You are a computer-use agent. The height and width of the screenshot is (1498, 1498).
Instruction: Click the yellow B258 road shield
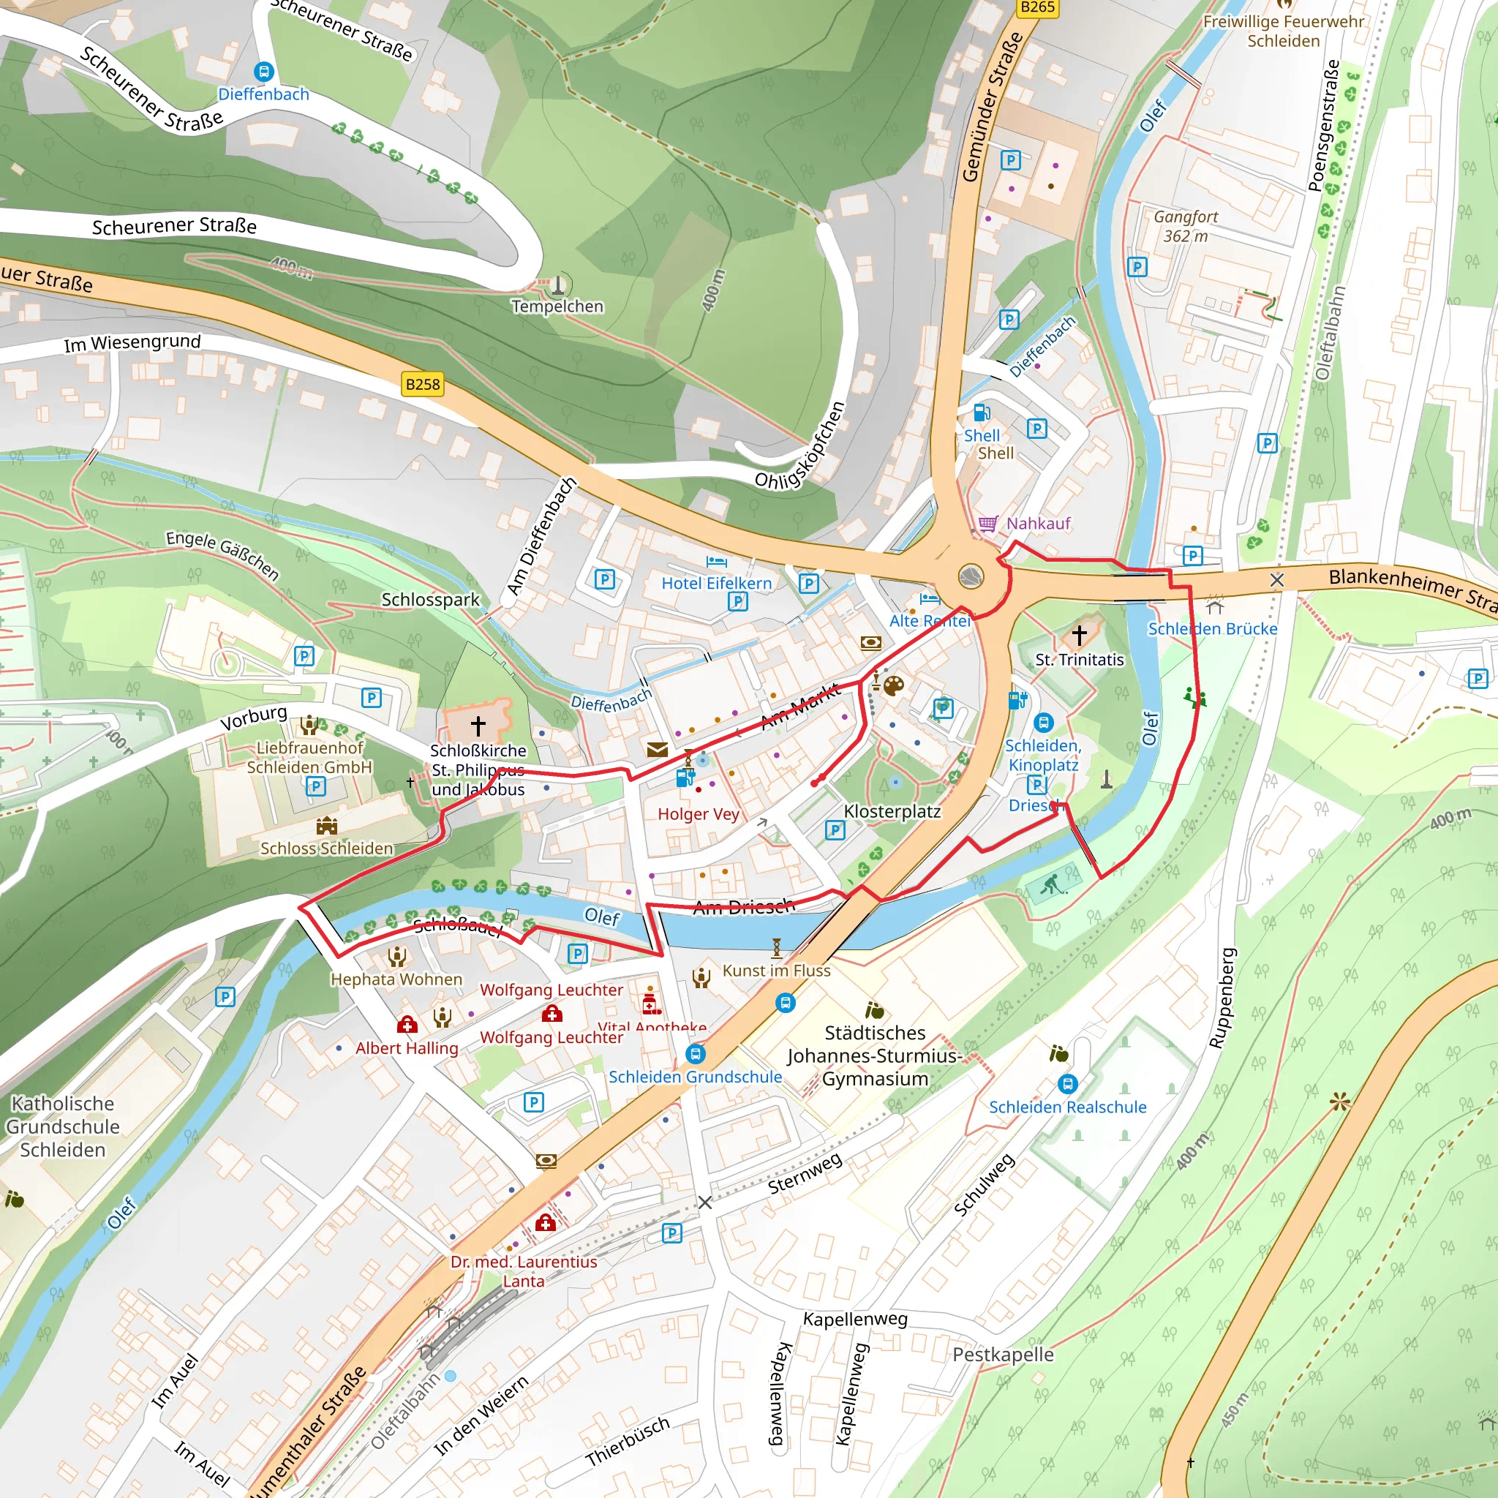click(x=423, y=384)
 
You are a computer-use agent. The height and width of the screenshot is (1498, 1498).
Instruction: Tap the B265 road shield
click(x=1036, y=7)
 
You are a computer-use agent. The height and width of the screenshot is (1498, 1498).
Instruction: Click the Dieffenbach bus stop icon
click(x=263, y=72)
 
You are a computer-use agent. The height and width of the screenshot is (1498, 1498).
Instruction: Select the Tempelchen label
click(x=557, y=306)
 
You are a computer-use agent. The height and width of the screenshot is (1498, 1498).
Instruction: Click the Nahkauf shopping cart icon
click(x=987, y=524)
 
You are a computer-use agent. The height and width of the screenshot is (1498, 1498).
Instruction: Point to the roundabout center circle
click(x=971, y=577)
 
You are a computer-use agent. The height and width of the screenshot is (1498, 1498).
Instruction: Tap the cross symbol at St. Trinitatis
click(x=1080, y=635)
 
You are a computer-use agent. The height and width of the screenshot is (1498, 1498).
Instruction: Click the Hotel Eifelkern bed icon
click(x=716, y=561)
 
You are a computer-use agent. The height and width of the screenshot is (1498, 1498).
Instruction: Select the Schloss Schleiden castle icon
click(x=326, y=825)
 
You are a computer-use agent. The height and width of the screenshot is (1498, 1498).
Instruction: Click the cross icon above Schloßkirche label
click(x=478, y=726)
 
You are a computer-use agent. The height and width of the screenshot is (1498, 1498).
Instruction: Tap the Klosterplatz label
click(x=892, y=811)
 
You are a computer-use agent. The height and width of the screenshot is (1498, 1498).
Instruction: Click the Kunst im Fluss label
click(x=776, y=970)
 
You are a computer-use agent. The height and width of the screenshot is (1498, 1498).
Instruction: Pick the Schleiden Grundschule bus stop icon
click(x=696, y=1054)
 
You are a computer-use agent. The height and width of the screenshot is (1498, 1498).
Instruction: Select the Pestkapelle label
click(x=1003, y=1355)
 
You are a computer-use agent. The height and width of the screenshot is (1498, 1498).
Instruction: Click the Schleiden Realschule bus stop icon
click(x=1068, y=1084)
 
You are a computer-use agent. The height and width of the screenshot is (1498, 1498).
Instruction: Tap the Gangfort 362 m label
click(x=1185, y=227)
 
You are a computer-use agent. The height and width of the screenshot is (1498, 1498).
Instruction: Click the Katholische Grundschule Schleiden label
click(x=62, y=1126)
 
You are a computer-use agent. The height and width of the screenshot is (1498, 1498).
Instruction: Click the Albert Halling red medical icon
click(x=407, y=1025)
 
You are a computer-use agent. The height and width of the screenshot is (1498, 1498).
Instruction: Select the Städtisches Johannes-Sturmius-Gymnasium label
click(x=875, y=1055)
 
